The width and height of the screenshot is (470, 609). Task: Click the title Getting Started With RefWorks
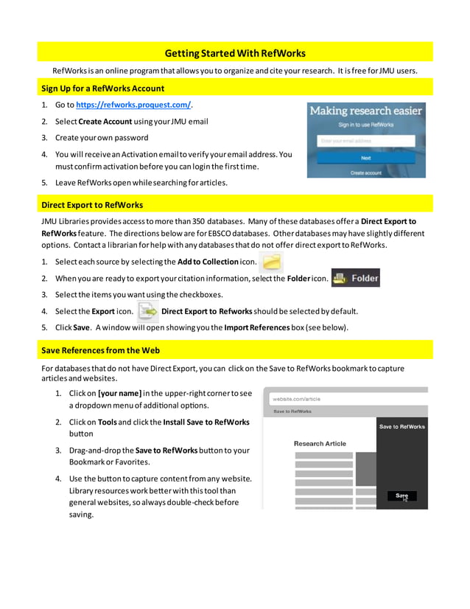pos(234,53)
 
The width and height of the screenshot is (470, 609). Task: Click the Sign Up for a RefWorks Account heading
pos(102,88)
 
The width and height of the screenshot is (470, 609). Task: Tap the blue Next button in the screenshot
pos(365,158)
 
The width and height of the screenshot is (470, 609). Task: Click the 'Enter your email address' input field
pos(365,140)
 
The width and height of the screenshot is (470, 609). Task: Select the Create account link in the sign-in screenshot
pos(365,173)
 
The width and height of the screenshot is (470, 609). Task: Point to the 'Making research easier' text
pos(365,111)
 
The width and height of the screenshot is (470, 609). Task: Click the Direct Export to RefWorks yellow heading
pos(92,204)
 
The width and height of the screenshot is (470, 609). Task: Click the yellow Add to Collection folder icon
pos(272,262)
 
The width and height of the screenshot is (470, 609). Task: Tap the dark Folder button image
pos(356,278)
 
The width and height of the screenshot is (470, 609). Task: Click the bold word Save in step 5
pos(81,327)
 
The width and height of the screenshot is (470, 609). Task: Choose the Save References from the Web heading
pos(100,350)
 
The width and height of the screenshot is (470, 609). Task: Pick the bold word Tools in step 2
pos(108,422)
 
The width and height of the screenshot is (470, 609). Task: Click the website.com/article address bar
pos(344,399)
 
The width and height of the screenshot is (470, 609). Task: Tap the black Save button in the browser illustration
pos(401,496)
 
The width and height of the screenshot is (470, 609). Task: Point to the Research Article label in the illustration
pos(320,443)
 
